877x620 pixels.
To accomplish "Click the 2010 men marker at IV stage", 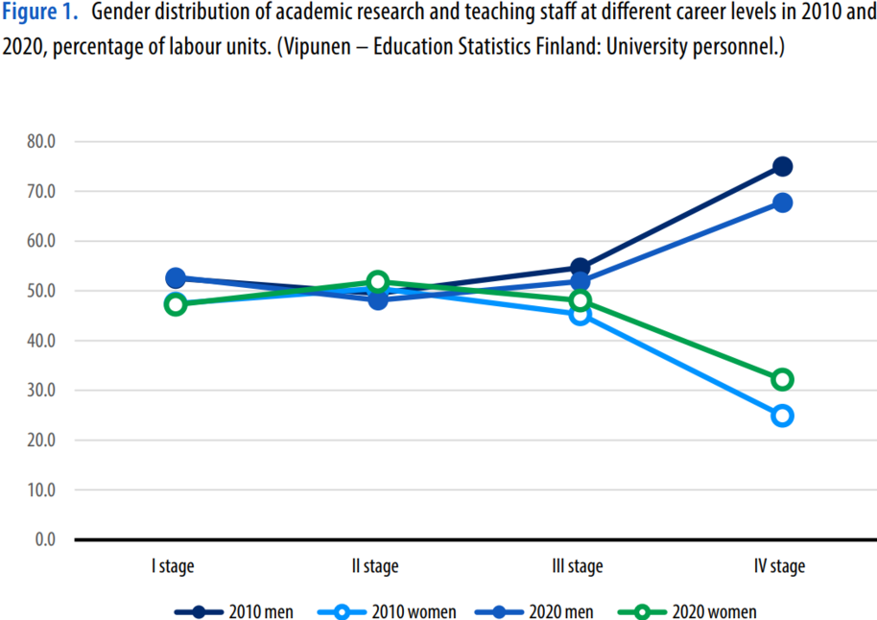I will point(782,166).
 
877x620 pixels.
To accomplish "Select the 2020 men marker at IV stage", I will point(782,203).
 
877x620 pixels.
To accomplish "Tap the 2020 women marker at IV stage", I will point(782,379).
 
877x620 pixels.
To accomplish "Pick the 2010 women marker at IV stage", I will point(782,416).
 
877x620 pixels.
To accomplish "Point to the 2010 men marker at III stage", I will point(580,268).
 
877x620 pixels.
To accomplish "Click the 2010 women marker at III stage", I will point(580,314).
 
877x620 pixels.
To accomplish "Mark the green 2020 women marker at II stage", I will point(377,282).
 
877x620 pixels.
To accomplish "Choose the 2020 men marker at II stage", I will point(377,299).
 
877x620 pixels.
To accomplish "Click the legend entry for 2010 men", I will point(234,611).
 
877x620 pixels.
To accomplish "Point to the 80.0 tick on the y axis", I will point(43,141).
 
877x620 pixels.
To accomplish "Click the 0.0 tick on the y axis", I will point(47,539).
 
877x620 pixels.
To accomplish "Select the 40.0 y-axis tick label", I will point(43,341).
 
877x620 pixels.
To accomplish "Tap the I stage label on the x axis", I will point(173,566).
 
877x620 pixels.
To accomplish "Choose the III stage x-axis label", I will point(579,566).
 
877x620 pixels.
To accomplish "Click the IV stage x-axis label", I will point(781,566).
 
